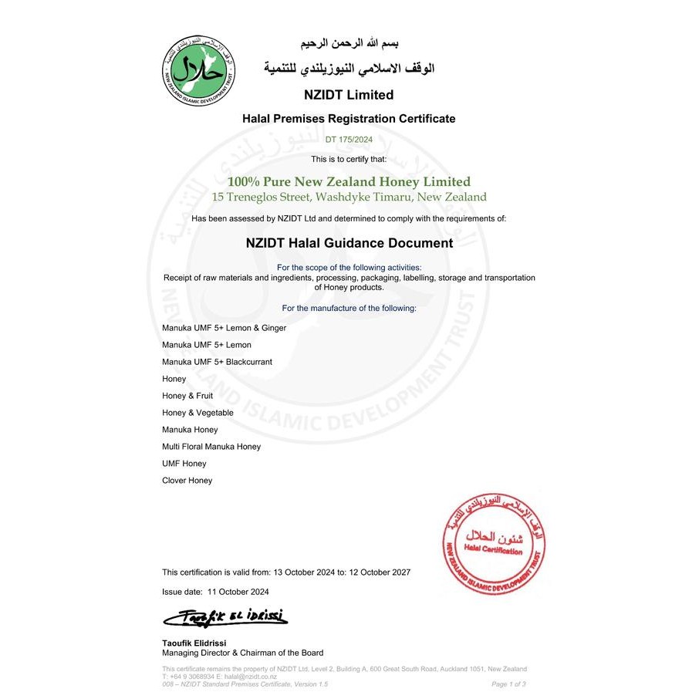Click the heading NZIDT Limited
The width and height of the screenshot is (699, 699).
(349, 96)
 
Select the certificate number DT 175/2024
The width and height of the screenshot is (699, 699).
(349, 139)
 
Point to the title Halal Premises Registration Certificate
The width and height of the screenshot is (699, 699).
(349, 119)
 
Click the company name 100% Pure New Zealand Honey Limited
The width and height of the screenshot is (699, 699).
(349, 182)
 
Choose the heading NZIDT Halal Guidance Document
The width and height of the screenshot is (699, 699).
(349, 243)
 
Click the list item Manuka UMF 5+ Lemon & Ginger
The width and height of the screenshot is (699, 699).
(224, 328)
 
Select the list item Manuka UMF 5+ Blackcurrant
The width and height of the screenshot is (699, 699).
(217, 362)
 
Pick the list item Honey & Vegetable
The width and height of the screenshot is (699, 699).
(198, 413)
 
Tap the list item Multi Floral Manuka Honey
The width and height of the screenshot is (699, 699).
(211, 447)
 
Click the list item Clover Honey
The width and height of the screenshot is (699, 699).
(187, 481)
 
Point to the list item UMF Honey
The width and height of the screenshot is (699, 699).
(184, 464)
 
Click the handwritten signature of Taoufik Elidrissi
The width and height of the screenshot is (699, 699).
(224, 616)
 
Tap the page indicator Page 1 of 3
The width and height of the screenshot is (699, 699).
(508, 684)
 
